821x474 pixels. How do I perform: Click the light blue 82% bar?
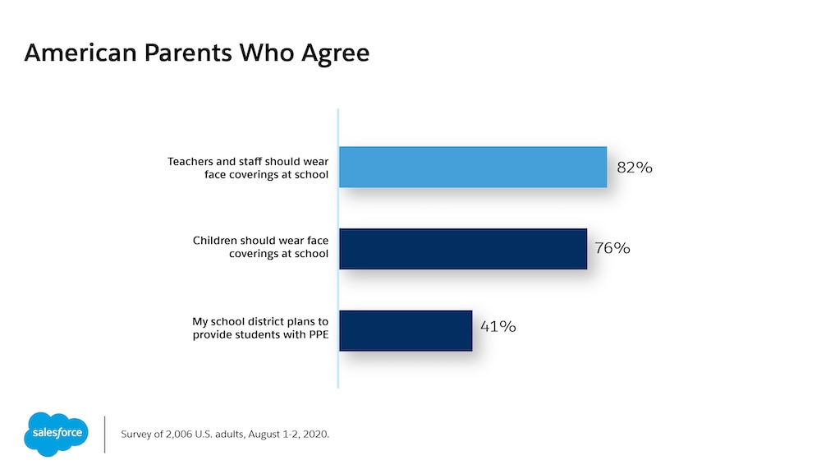(x=473, y=168)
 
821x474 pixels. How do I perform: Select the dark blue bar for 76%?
(x=463, y=249)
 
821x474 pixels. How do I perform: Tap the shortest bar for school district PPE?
(x=406, y=330)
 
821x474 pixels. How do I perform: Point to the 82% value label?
(x=635, y=168)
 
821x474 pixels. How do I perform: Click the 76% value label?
(x=612, y=248)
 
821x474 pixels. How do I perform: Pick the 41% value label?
(x=498, y=326)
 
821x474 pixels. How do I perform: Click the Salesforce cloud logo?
(x=55, y=432)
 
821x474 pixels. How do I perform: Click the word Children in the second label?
(x=215, y=241)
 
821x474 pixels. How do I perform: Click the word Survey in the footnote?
(x=137, y=434)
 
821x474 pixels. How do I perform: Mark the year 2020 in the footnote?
(x=314, y=434)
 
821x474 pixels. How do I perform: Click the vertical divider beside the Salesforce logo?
(x=105, y=434)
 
